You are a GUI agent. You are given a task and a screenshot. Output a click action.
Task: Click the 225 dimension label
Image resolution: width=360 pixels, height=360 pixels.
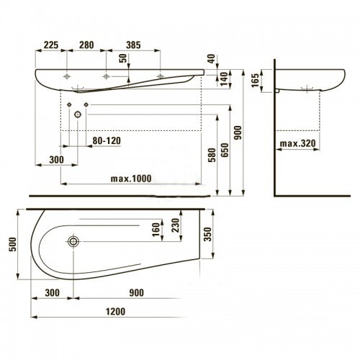pos(50,45)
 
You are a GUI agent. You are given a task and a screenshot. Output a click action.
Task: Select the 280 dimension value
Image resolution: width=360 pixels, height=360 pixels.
pos(86,45)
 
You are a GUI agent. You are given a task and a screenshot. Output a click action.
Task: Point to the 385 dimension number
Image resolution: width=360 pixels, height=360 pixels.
pos(133,45)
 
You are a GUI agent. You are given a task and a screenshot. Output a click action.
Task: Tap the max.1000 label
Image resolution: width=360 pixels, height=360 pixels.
pos(131,179)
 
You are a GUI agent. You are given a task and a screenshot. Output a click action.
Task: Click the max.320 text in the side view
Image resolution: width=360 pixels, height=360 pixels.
pos(298,143)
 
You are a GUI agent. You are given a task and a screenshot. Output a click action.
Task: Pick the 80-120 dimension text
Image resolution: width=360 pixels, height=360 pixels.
pos(107,140)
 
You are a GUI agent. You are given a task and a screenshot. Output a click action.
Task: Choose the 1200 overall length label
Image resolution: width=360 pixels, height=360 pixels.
pos(116,312)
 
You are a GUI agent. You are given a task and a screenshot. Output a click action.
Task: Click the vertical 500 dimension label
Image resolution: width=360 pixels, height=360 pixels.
pos(12,244)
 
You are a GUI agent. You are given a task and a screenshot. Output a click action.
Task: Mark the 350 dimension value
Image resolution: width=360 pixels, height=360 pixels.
pos(207,234)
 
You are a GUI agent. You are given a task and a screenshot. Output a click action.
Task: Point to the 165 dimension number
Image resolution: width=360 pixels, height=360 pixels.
pos(256,80)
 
